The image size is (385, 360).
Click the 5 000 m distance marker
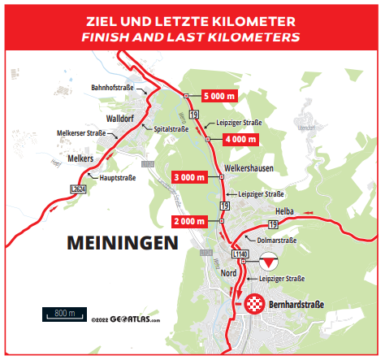[x=220, y=96]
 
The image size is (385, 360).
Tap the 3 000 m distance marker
[x=196, y=176]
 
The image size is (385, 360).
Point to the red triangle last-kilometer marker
[x=269, y=263]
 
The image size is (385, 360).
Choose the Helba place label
[x=295, y=210]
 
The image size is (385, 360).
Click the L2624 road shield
[x=78, y=189]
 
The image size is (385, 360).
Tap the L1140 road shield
[x=240, y=254]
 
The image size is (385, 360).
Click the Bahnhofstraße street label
[x=112, y=87]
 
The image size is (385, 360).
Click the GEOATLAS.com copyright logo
[x=126, y=319]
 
